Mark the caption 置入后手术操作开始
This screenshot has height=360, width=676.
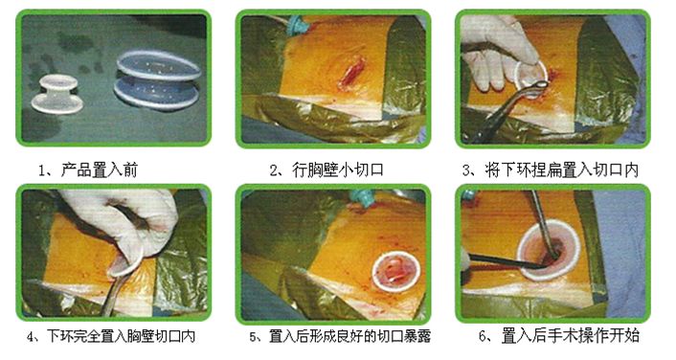click(x=565, y=337)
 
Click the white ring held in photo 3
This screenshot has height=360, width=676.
click(x=529, y=72)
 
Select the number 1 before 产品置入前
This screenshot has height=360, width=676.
click(x=44, y=170)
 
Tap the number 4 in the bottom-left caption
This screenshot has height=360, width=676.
click(x=32, y=337)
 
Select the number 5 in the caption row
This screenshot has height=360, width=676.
click(x=254, y=337)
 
